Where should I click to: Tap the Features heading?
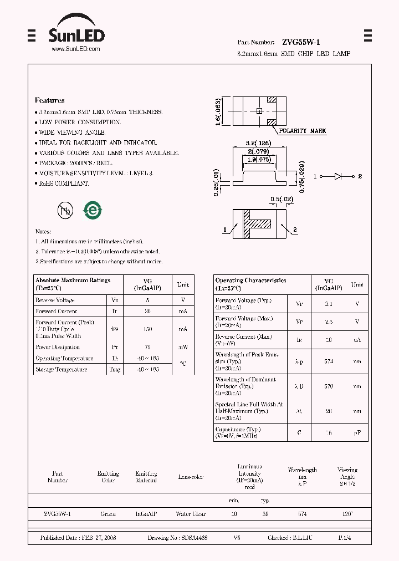tap(50, 100)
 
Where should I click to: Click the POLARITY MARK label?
tap(302, 131)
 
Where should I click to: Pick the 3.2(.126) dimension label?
tap(258, 143)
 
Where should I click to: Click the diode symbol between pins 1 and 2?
tap(338, 176)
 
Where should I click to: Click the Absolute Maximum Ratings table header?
tap(73, 280)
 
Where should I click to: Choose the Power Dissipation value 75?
tap(147, 348)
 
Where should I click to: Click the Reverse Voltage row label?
tap(55, 300)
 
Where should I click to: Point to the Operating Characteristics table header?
tap(250, 281)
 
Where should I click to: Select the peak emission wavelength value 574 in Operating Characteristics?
tap(328, 361)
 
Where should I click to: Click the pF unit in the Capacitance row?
tap(357, 432)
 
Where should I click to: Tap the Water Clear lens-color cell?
tap(191, 514)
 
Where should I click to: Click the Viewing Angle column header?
tap(347, 473)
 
